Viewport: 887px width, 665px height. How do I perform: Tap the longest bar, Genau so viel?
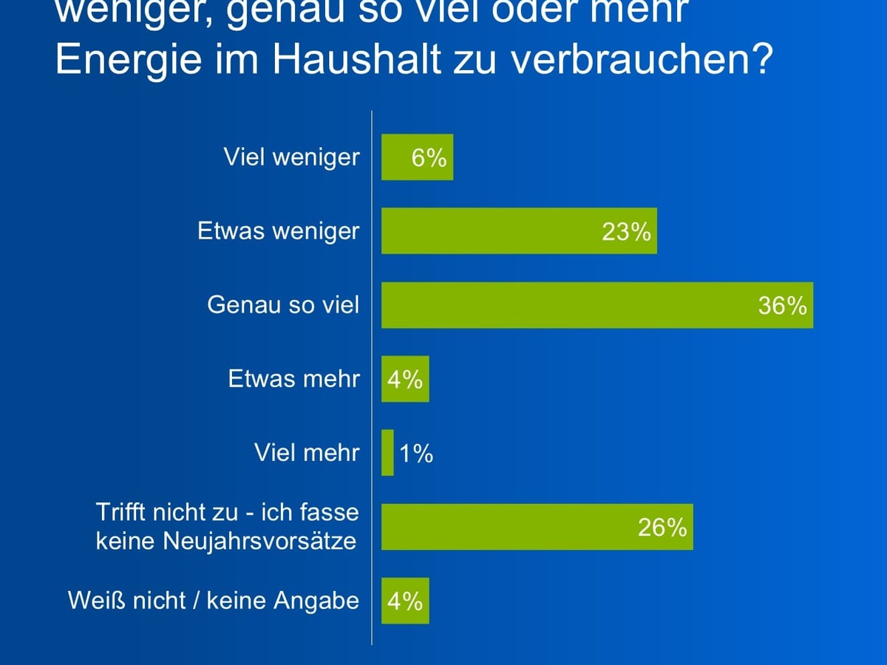(562, 304)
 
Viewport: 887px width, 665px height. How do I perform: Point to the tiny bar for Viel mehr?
(387, 452)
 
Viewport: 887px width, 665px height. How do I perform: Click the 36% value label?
(782, 305)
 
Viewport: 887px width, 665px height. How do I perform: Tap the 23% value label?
(626, 231)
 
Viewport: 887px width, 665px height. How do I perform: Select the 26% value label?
(662, 528)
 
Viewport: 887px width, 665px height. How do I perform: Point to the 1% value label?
(416, 453)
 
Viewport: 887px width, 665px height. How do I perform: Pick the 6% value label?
(429, 157)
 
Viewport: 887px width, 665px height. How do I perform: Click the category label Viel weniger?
(292, 157)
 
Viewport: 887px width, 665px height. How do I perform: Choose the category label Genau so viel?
(283, 304)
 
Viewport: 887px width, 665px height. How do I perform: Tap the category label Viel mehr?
(307, 452)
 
